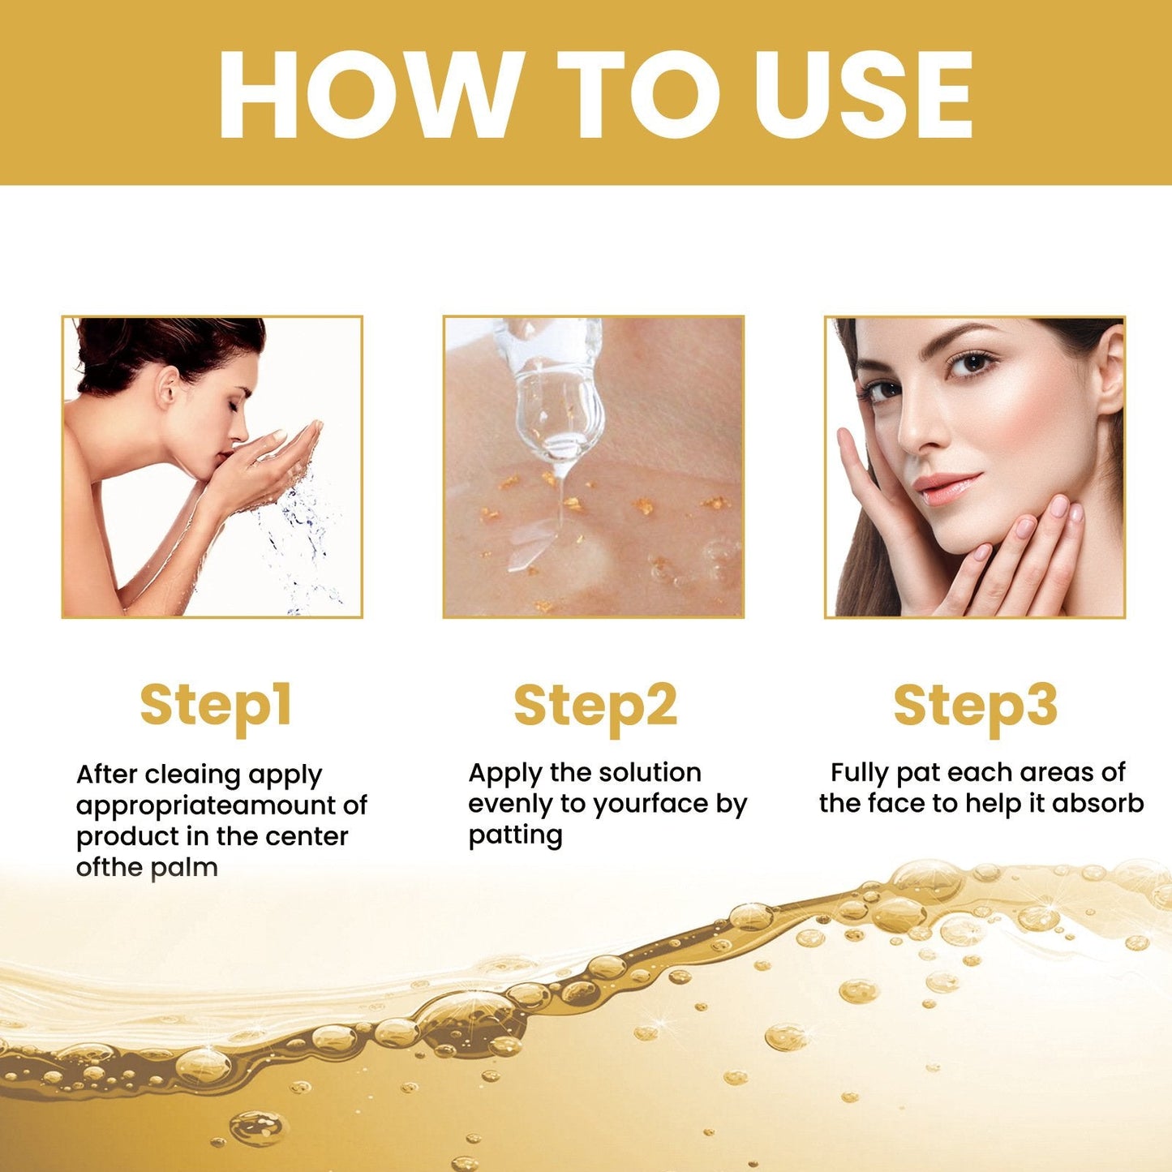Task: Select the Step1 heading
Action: [x=216, y=705]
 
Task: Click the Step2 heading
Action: [x=595, y=705]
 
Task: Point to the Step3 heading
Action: [x=975, y=705]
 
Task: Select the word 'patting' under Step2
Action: [x=515, y=835]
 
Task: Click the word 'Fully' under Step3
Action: [x=861, y=773]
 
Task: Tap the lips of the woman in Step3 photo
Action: [x=946, y=488]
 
